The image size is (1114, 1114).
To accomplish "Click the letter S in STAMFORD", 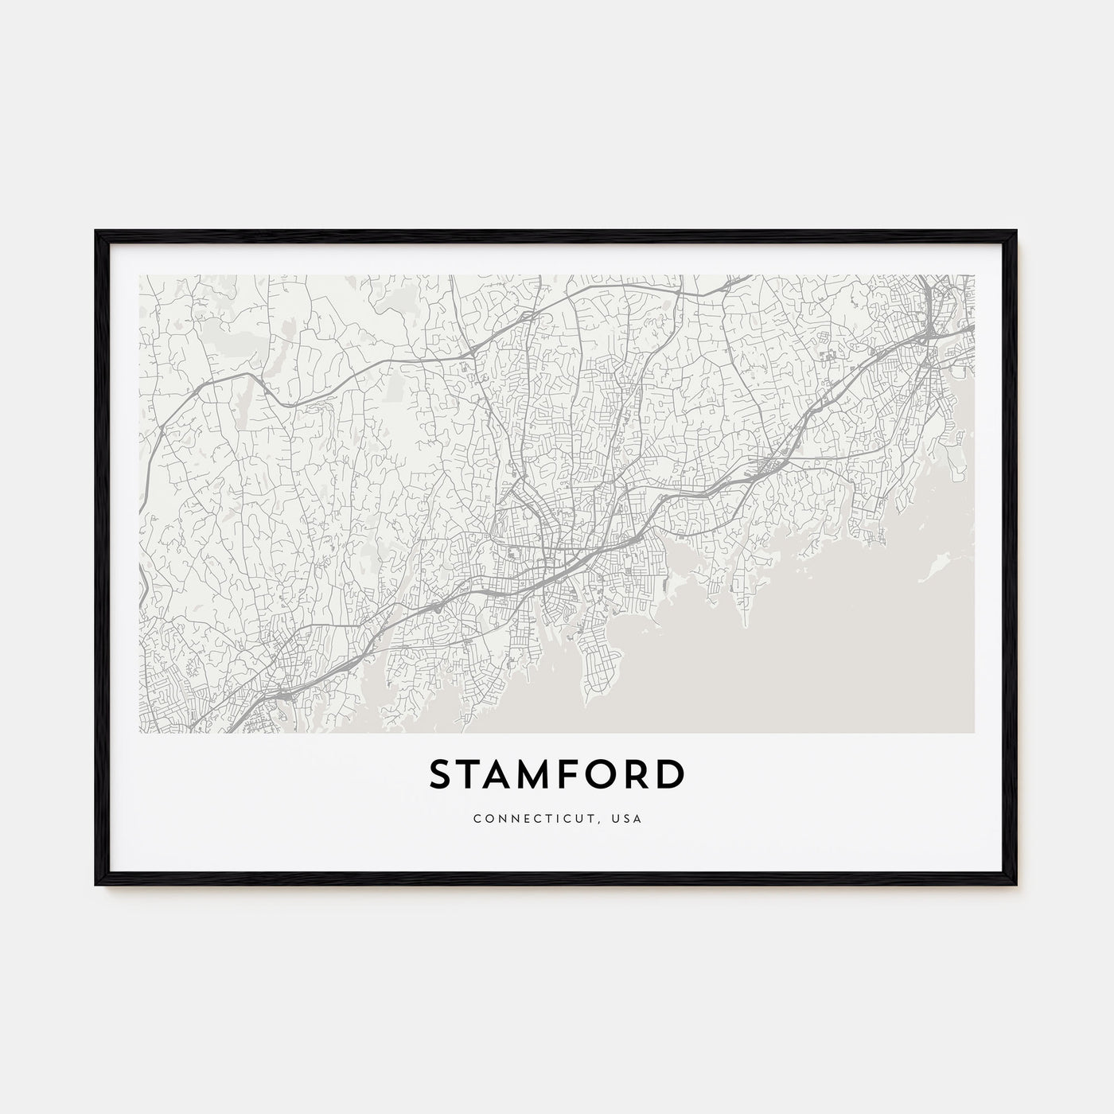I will pos(443,774).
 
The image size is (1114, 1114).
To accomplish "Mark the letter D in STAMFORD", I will pos(672,774).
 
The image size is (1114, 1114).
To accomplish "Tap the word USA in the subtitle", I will pos(628,817).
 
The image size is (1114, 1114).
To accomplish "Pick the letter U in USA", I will pos(616,817).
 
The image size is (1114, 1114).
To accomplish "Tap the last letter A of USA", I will pos(639,817).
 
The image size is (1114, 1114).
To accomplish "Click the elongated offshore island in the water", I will pos(936,567).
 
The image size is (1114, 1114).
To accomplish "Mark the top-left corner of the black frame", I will pos(96,231).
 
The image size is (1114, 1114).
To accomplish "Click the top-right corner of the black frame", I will pos(1017,231).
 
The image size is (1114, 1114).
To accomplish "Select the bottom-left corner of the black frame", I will pos(96,885).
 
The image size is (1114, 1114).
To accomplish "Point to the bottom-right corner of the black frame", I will pos(1017,885).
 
